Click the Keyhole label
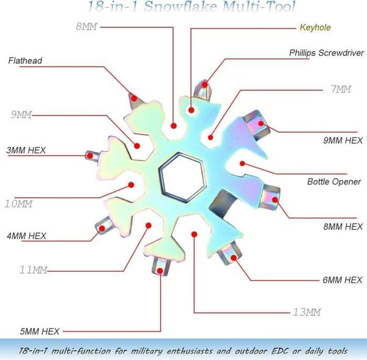coord(315,28)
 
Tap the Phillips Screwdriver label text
coord(327,53)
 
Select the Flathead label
coord(25,61)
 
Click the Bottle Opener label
coord(334,182)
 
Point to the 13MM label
coord(307,312)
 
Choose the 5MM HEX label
coord(40,331)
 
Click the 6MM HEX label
coord(343,280)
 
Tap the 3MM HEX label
coord(26,150)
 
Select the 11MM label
coord(34,270)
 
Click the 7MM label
coord(341,89)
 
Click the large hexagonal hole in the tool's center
coord(182,177)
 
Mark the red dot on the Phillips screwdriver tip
coord(205,84)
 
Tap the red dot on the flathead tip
coord(134,98)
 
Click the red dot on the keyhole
coord(191,110)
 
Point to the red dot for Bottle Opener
coord(242,163)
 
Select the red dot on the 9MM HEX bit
coord(261,124)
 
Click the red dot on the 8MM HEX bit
coord(275,200)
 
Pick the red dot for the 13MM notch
coord(194,234)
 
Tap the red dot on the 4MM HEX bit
coord(102,228)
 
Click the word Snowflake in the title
coord(180,6)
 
